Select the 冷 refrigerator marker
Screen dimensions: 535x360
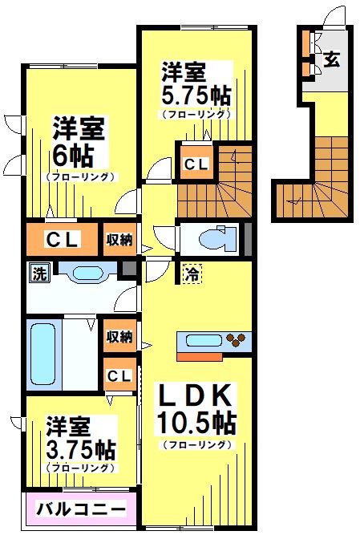click(192, 274)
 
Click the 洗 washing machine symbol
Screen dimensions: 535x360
click(38, 274)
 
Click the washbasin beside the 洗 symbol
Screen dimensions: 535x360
click(84, 273)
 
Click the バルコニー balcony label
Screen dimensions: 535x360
click(79, 509)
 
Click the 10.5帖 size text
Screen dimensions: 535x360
click(197, 422)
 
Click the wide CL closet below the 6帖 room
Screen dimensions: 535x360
click(61, 239)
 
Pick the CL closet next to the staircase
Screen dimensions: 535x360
click(196, 164)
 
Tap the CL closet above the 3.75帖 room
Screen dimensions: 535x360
click(119, 375)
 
